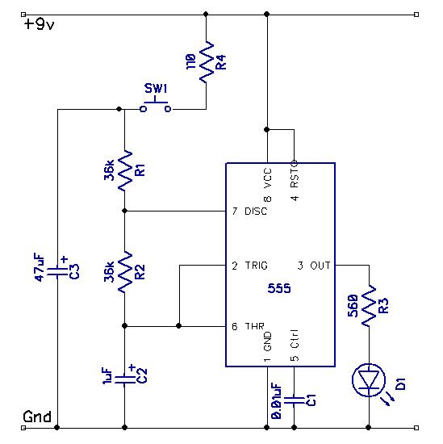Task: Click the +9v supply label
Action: point(39,24)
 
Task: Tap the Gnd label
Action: point(37,417)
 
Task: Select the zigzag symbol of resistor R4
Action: point(207,62)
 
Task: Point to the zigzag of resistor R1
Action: point(125,171)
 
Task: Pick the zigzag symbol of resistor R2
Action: point(125,272)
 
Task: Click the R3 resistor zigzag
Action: point(369,306)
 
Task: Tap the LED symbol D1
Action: point(370,381)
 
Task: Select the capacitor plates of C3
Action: point(57,272)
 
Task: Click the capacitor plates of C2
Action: point(125,379)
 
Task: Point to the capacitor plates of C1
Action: point(294,400)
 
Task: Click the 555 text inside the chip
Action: point(279,288)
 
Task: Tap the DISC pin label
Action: point(256,212)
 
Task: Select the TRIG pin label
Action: point(256,266)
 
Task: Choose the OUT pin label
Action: point(320,266)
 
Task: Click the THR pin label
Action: point(254,326)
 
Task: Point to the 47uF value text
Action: point(40,267)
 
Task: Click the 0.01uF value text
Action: point(276,401)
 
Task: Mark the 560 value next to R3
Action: point(353,306)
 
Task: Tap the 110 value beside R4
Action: point(190,61)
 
